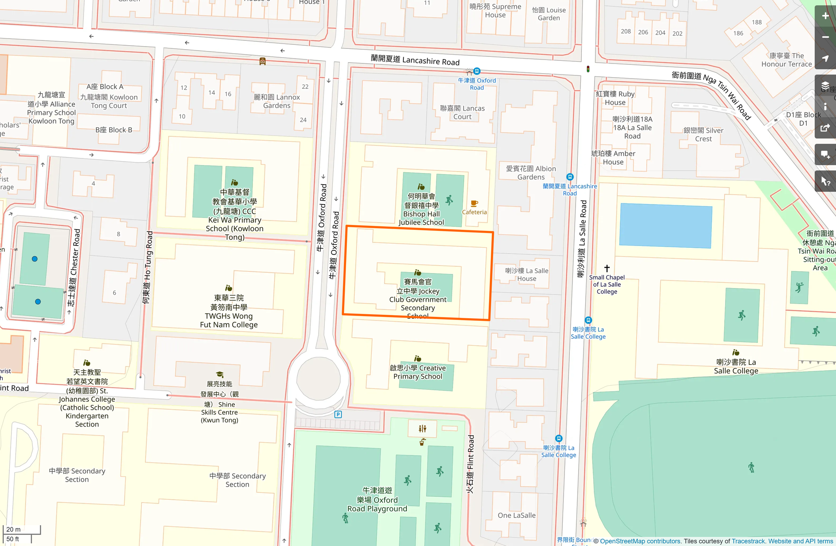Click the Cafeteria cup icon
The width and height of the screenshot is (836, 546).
(474, 204)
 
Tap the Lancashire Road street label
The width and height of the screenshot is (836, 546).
(415, 60)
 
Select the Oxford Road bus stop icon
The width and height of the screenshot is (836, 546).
(477, 71)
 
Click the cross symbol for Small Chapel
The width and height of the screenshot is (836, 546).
(607, 268)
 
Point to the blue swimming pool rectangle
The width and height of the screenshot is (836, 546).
(665, 226)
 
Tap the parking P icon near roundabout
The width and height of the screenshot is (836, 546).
(338, 414)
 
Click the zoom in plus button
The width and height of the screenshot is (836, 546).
(825, 16)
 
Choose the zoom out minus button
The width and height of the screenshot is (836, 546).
(825, 37)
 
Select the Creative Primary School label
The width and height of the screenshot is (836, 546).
(418, 372)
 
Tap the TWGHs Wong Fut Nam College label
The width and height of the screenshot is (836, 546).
(229, 311)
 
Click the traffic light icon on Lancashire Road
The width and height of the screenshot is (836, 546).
(588, 69)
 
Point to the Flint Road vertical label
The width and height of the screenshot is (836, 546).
(470, 464)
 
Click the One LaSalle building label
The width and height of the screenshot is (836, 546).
(516, 515)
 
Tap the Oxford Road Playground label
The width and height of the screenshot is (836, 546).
(377, 499)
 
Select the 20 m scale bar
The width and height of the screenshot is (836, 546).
(21, 529)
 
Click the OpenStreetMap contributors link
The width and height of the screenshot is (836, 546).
(640, 541)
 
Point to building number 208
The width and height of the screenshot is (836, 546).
(626, 32)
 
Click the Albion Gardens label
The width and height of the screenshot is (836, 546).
(531, 173)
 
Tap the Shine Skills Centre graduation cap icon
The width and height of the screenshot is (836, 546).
(220, 375)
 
